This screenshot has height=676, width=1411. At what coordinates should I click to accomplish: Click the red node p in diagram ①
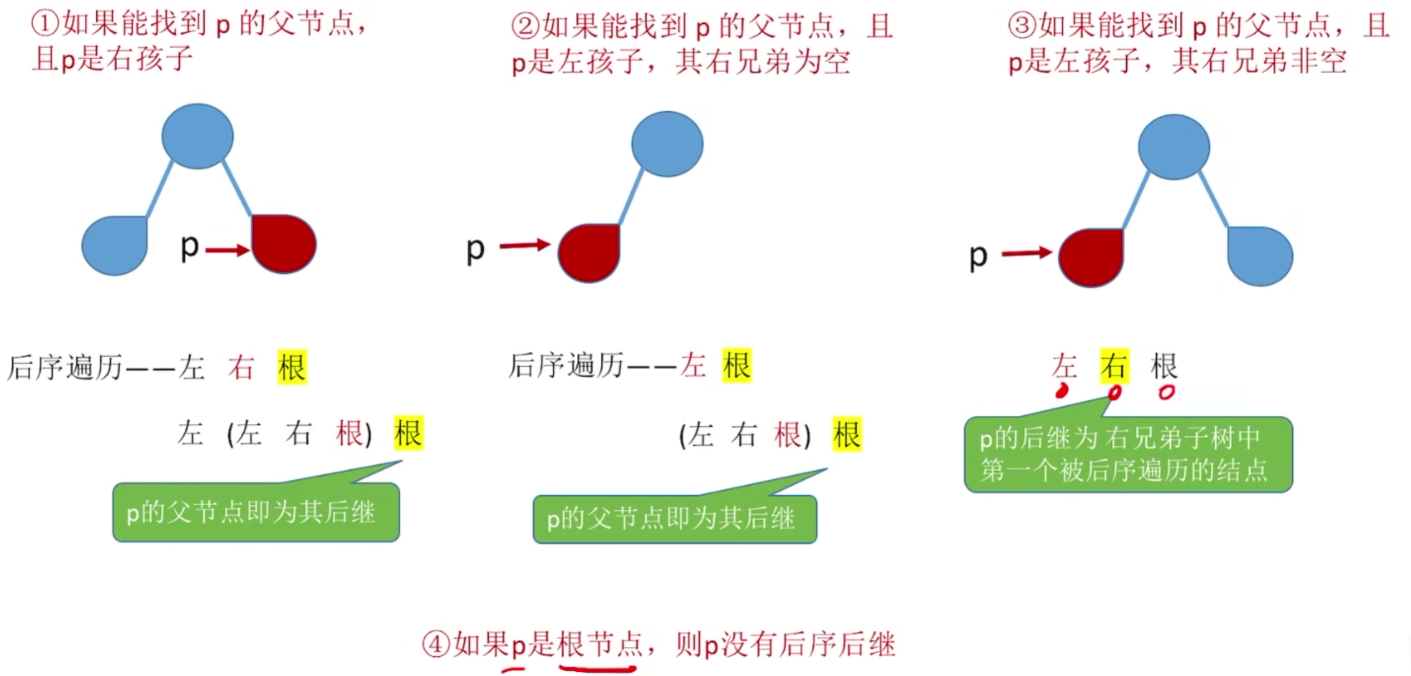[284, 244]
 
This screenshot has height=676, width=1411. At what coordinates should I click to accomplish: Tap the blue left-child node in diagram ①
[115, 245]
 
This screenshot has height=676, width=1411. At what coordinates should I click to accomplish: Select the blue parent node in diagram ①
[197, 136]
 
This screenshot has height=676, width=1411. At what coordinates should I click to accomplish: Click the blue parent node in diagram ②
[667, 144]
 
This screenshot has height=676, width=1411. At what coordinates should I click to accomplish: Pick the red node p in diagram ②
[589, 253]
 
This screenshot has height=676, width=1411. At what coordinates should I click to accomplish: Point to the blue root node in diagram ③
[1174, 147]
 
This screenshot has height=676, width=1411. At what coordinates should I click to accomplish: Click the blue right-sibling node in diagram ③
[1260, 256]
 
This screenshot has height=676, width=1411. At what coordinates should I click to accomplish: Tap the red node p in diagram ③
[1091, 257]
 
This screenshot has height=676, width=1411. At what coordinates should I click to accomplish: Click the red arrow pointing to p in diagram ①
[227, 250]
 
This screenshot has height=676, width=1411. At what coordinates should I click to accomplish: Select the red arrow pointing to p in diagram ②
[524, 245]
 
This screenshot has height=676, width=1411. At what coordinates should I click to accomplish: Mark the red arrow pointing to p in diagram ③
[1026, 252]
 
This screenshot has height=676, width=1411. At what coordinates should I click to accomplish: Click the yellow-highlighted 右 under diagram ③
[1114, 366]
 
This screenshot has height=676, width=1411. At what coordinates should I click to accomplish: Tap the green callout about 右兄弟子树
[1127, 455]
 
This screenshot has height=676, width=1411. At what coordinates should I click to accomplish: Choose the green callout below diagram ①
[256, 512]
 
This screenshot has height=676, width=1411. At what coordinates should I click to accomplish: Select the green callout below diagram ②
[674, 519]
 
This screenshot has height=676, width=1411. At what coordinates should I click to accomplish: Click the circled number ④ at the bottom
[436, 645]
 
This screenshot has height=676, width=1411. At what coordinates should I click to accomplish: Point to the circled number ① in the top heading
[45, 23]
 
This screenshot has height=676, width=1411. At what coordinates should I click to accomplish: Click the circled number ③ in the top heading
[1021, 25]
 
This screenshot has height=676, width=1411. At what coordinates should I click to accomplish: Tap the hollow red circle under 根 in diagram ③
[1166, 392]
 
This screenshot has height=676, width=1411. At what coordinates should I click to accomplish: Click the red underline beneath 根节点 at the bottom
[597, 667]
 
